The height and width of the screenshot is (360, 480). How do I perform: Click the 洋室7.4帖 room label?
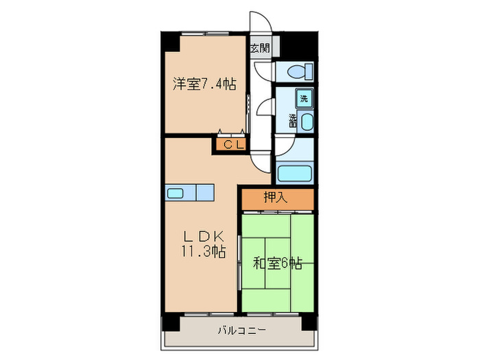pos(204,84)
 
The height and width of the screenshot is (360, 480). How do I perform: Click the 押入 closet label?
pos(276,198)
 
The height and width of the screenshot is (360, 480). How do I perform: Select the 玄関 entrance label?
pos(260,49)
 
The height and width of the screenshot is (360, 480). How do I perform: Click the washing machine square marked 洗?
pos(304,98)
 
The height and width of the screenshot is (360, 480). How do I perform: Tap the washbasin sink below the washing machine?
pos(306,123)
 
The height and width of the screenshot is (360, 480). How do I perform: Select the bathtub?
pos(295,173)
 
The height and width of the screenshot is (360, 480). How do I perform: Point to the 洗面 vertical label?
pos(293,121)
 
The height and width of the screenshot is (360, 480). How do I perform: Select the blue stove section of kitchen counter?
pos(206,193)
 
